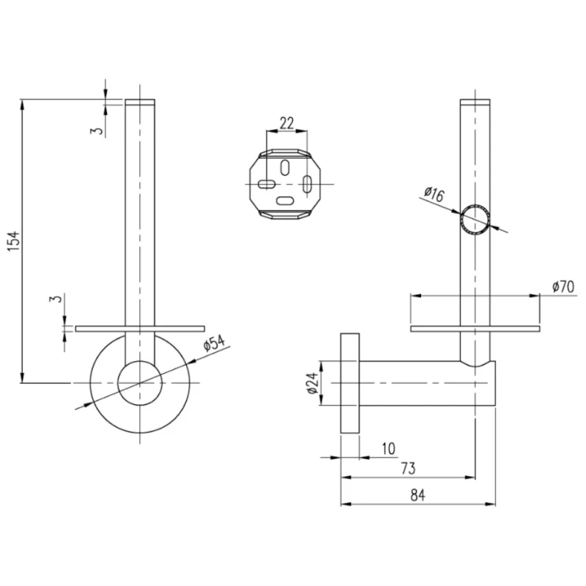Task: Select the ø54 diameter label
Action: click(212, 344)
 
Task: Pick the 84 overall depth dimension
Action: click(418, 494)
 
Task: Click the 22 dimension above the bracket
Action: click(286, 122)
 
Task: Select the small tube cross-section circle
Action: click(475, 219)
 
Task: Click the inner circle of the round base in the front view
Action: click(140, 382)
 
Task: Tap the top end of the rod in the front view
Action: click(140, 103)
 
